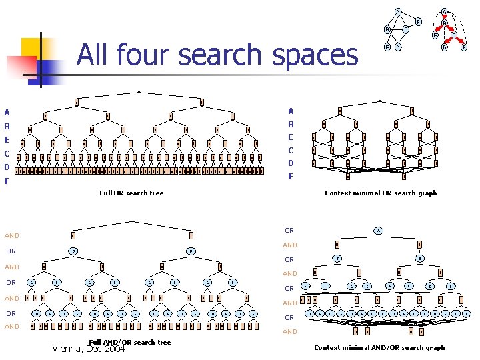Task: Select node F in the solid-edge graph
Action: point(418,22)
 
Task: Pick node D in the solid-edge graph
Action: point(398,47)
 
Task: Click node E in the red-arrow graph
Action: point(435,36)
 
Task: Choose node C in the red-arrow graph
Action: point(454,36)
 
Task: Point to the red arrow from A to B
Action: point(444,18)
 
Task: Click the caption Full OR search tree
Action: point(131,193)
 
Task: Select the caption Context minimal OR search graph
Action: point(381,193)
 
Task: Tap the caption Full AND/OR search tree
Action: point(129,342)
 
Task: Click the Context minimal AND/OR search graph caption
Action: point(379,347)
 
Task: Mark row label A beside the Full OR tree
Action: point(7,112)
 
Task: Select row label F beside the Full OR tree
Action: point(7,181)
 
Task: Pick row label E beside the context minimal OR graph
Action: point(291,137)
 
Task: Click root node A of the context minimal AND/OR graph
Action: point(378,231)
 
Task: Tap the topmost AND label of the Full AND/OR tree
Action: point(12,236)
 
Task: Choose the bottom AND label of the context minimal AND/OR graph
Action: point(290,332)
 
